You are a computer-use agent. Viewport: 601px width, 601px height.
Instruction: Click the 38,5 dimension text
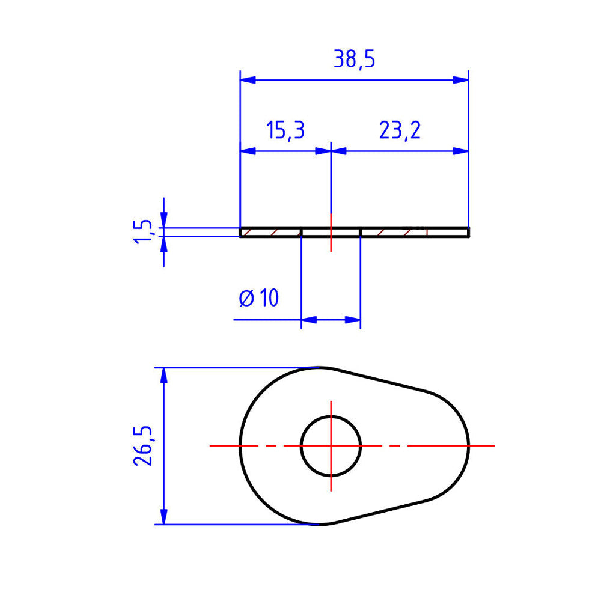point(354,59)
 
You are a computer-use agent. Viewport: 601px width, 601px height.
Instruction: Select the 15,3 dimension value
point(285,130)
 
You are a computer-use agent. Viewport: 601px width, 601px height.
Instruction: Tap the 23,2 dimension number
point(400,130)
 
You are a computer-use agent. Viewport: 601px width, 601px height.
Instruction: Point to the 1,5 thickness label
point(143,231)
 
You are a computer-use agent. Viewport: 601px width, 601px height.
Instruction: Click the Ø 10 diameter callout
point(258,298)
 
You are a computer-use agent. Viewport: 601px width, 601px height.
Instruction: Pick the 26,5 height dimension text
point(143,446)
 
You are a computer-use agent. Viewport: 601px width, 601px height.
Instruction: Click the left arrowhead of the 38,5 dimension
point(248,80)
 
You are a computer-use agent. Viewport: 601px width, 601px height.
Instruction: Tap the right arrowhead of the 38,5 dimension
point(461,80)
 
